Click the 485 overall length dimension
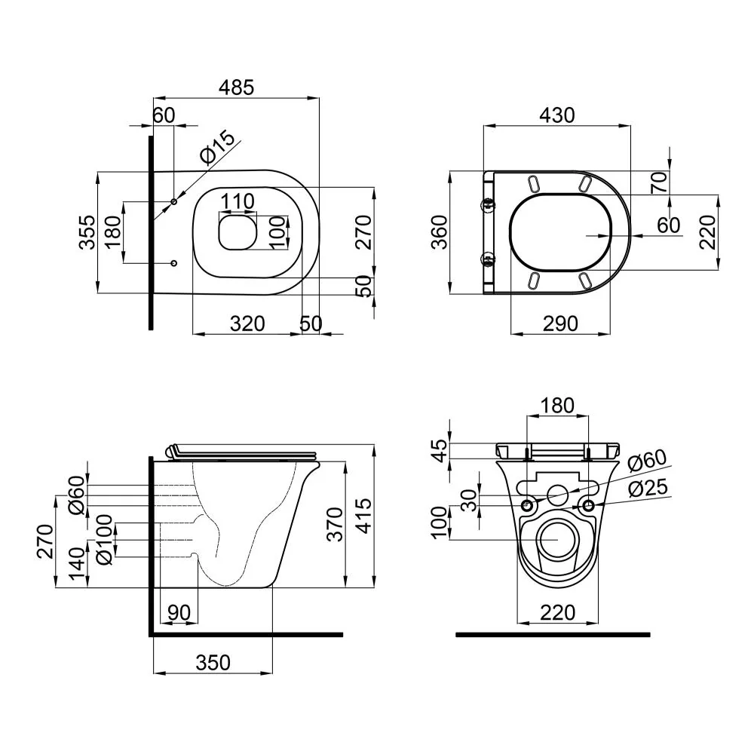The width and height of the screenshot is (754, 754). [236, 87]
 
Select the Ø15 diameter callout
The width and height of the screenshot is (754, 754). [218, 147]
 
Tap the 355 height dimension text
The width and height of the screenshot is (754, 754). [87, 231]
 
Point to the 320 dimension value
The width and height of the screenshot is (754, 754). [247, 323]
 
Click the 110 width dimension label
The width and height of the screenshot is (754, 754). [238, 201]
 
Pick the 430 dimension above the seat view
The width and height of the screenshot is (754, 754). [557, 115]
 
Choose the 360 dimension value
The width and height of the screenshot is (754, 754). [439, 231]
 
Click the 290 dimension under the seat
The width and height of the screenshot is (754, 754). [560, 323]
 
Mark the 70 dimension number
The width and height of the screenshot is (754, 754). [659, 182]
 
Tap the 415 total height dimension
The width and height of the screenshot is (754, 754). [365, 516]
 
